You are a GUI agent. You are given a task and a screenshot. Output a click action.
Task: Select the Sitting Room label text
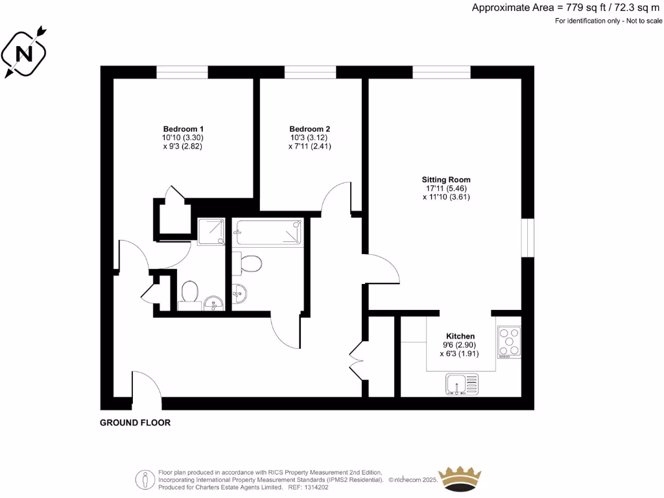pos(445,180)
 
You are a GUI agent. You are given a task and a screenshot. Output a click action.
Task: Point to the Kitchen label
pos(460,336)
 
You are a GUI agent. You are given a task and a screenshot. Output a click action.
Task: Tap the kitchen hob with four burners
pos(509,342)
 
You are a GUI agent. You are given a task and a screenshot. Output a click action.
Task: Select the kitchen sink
pos(462,384)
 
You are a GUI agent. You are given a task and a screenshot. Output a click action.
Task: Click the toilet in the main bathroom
pos(248,263)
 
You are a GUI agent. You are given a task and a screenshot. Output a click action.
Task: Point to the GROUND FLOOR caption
pos(135,423)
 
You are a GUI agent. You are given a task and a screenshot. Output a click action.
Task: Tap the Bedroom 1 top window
pos(182,72)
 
